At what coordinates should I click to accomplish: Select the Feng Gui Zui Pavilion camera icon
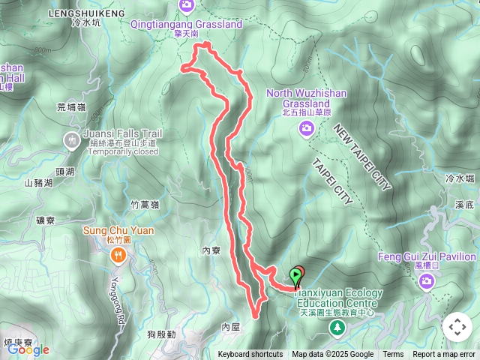427,281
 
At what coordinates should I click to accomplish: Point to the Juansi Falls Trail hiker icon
71,139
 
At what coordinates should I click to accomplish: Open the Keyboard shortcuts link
250,355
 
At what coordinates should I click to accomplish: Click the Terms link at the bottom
393,355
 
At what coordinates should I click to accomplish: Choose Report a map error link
444,355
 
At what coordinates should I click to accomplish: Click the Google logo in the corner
28,349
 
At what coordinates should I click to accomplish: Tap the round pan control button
457,326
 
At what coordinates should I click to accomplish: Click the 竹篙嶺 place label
145,204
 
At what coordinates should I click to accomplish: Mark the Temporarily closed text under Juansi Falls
123,151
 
